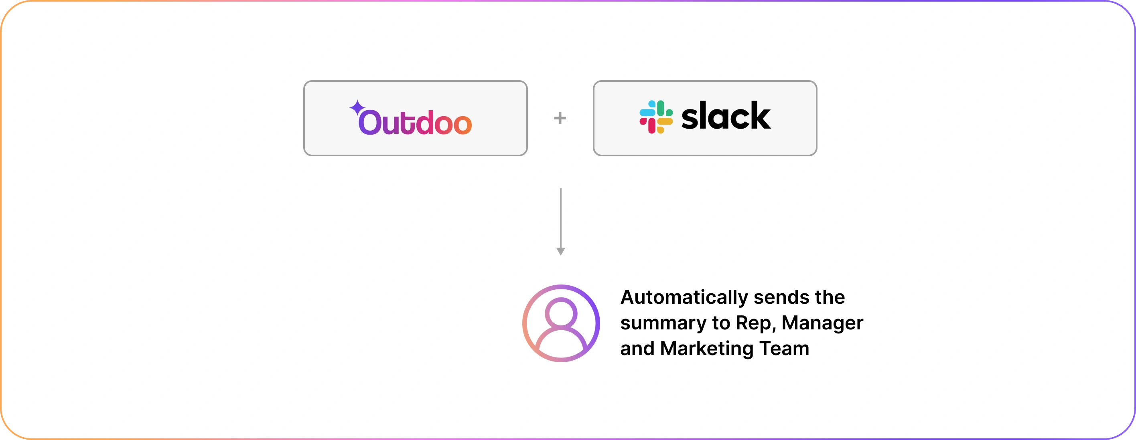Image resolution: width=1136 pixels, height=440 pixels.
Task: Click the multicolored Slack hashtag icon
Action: point(656,117)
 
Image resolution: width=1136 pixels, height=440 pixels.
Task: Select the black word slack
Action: point(726,116)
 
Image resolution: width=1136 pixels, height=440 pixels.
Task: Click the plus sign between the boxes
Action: point(560,118)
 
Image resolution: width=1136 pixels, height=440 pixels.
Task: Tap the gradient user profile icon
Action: point(561,323)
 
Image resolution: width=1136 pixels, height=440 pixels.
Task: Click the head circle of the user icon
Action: point(561,313)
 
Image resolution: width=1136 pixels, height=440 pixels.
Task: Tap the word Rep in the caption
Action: point(755,323)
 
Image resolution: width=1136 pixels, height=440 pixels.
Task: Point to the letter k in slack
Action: point(759,116)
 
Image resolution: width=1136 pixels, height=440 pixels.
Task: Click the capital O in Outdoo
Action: point(369,122)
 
